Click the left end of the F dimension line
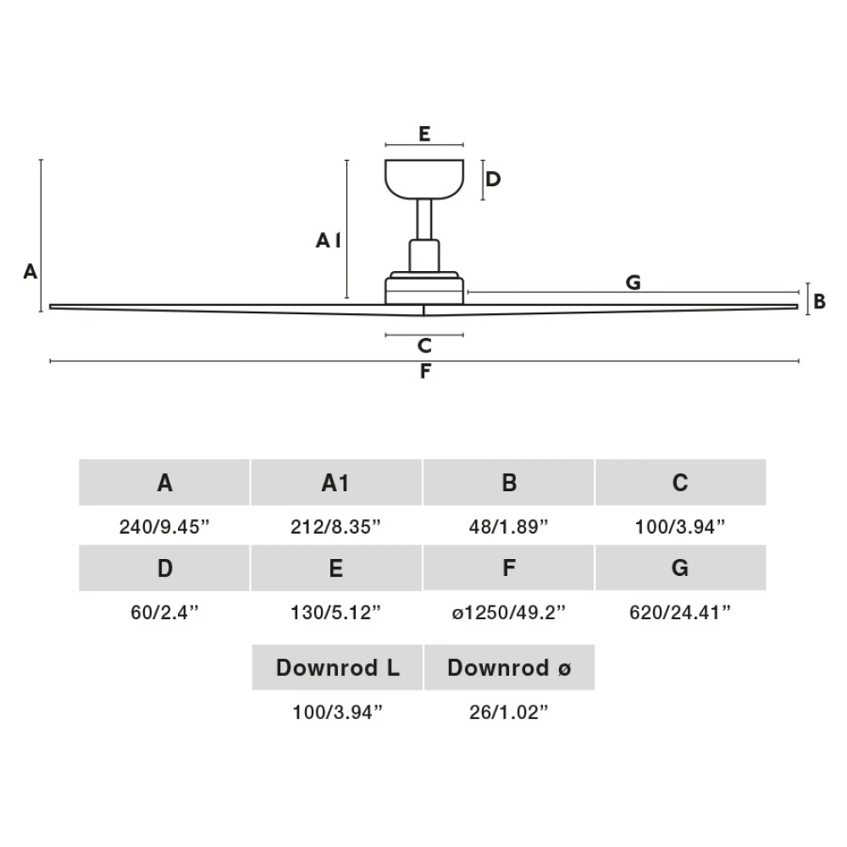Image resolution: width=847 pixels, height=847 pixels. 50,361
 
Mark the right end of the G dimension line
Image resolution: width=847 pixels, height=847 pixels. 799,292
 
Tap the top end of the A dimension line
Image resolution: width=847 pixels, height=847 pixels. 41,160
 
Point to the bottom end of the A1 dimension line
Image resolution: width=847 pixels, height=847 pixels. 346,297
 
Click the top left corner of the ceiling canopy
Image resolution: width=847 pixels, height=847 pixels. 385,160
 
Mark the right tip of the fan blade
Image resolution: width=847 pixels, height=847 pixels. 798,307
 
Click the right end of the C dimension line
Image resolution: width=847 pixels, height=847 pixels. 463,335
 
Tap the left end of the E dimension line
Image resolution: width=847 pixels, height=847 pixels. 385,145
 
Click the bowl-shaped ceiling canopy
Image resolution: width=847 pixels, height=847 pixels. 424,179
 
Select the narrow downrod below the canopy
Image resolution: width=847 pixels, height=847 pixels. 424,219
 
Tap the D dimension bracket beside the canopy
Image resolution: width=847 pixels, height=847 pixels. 483,180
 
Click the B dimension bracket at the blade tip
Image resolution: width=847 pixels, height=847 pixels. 807,299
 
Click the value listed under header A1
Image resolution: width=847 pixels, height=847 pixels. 335,527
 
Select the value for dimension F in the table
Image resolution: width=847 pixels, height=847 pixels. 508,612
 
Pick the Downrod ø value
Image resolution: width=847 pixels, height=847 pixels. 508,712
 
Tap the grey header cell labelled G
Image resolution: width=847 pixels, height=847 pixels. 681,567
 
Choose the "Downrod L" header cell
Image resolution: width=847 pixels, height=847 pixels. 337,667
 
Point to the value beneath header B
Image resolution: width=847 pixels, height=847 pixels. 508,527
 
